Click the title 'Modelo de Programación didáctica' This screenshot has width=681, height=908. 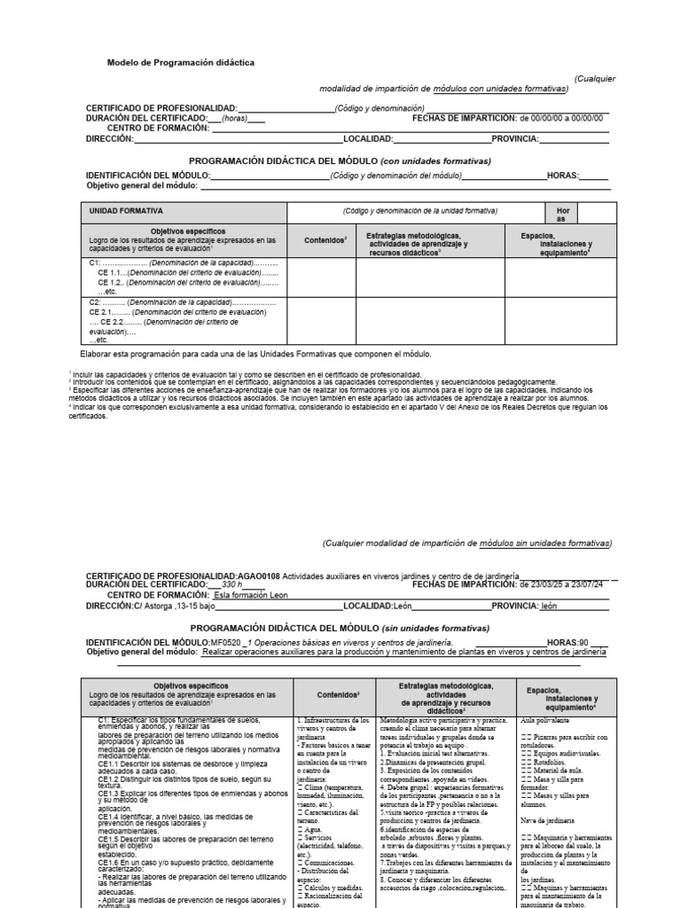click(181, 64)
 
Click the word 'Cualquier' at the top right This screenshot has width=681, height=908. click(595, 78)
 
